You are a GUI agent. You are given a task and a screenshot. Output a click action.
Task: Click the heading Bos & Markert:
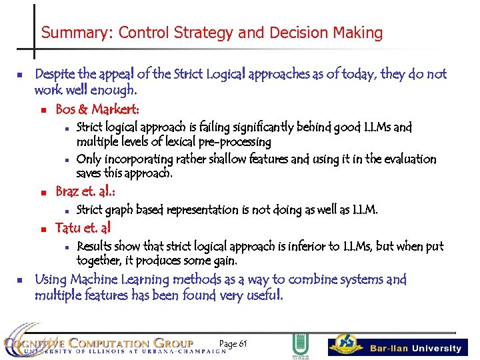coord(97,109)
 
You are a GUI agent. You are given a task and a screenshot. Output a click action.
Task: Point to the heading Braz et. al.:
coord(85,193)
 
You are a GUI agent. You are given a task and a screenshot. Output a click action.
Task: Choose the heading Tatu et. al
coord(83,228)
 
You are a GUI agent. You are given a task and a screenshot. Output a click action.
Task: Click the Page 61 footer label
coord(233,343)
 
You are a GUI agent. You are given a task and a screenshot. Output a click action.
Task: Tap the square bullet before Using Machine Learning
coord(21,280)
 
